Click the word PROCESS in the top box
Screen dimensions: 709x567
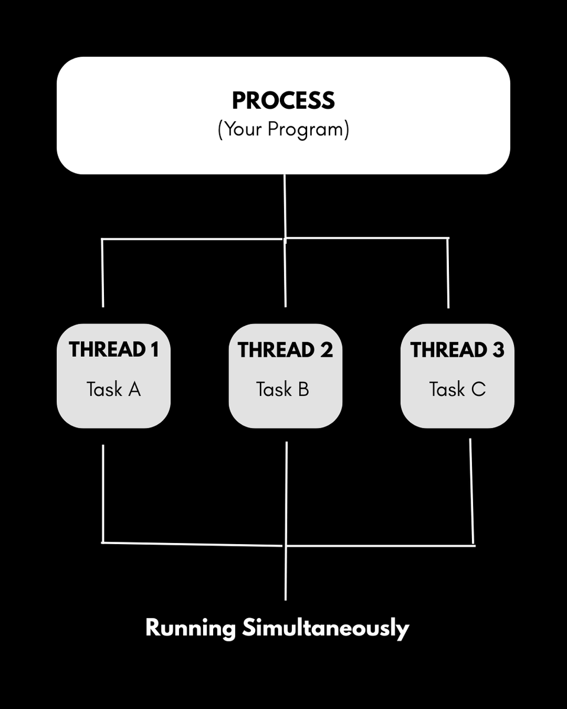point(283,101)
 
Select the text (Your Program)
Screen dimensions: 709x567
point(283,129)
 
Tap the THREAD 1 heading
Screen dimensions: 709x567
point(113,350)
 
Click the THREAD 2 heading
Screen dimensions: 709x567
point(285,350)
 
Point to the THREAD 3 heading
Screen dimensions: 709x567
point(457,350)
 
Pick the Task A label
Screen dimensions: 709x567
point(113,389)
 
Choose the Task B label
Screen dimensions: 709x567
point(282,389)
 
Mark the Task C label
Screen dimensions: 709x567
point(457,389)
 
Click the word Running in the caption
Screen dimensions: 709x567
point(190,628)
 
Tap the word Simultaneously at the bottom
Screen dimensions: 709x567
point(325,628)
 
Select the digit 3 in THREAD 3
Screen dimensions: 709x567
point(498,350)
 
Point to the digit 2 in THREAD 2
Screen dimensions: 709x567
point(327,350)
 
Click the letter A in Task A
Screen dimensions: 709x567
point(134,389)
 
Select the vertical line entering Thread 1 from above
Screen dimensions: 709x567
point(103,273)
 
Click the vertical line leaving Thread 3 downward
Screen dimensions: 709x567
point(471,490)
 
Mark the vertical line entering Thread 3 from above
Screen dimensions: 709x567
point(448,273)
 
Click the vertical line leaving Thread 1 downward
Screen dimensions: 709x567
point(103,493)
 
